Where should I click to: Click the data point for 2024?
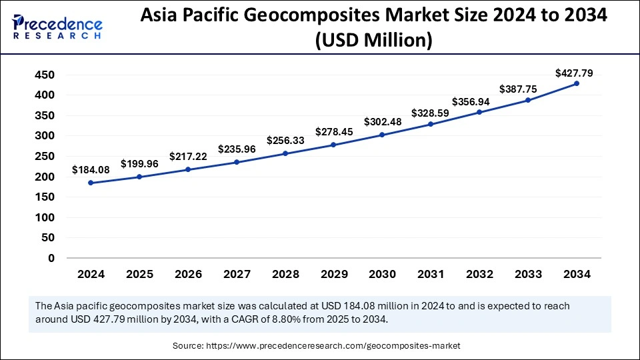click(91, 183)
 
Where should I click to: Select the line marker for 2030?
click(382, 135)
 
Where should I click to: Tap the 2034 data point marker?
click(576, 83)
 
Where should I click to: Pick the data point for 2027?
click(237, 162)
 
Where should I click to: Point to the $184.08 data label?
click(91, 170)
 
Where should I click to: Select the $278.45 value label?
click(333, 133)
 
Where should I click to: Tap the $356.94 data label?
click(479, 102)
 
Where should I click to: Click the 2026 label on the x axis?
click(188, 274)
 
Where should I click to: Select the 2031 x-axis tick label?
click(431, 274)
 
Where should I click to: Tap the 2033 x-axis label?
click(527, 274)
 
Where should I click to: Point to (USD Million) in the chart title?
click(375, 41)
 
